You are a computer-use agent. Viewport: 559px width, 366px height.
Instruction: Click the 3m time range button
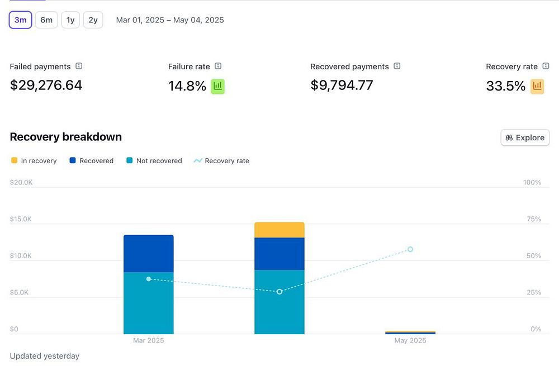20,20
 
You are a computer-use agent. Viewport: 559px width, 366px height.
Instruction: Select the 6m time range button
46,20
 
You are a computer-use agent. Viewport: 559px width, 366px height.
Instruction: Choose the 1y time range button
70,20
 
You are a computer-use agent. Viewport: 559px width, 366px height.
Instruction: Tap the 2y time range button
93,20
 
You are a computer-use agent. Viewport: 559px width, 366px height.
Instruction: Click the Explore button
525,137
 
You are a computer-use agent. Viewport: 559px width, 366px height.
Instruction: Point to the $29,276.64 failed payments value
46,85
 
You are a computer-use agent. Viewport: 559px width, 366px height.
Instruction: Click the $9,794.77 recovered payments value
342,85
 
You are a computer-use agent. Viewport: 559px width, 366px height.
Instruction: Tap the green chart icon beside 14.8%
217,86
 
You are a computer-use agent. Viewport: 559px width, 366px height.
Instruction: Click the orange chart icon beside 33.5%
537,86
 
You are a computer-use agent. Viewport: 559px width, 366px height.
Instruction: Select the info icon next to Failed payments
79,66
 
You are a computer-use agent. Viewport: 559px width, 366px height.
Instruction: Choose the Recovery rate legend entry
221,161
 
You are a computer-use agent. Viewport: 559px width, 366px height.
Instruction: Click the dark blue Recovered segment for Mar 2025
148,254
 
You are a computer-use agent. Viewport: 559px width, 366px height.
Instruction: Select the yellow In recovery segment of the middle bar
279,230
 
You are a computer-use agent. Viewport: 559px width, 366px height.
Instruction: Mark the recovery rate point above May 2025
410,249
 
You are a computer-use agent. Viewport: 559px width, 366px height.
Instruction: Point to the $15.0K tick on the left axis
21,219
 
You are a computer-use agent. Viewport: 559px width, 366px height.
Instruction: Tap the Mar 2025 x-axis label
148,340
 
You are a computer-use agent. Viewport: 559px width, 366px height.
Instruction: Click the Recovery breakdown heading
65,137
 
